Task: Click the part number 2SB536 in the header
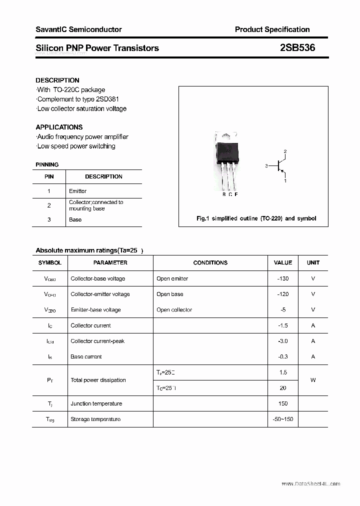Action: (297, 48)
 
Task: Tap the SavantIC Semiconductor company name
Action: (78, 29)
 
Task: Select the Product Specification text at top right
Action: (272, 29)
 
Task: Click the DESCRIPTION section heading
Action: (57, 80)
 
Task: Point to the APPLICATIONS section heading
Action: (59, 127)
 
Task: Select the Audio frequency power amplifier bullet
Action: (82, 136)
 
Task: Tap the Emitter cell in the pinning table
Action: (77, 191)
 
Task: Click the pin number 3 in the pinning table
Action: (49, 219)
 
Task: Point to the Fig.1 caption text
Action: (256, 218)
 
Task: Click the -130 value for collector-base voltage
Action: (283, 278)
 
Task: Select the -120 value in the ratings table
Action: (283, 294)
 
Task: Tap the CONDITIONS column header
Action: (210, 262)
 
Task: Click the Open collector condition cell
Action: (174, 309)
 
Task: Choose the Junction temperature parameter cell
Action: (96, 403)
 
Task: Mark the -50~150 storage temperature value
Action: (283, 419)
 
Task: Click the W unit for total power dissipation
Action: (313, 380)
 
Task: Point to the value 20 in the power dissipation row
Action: (283, 388)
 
